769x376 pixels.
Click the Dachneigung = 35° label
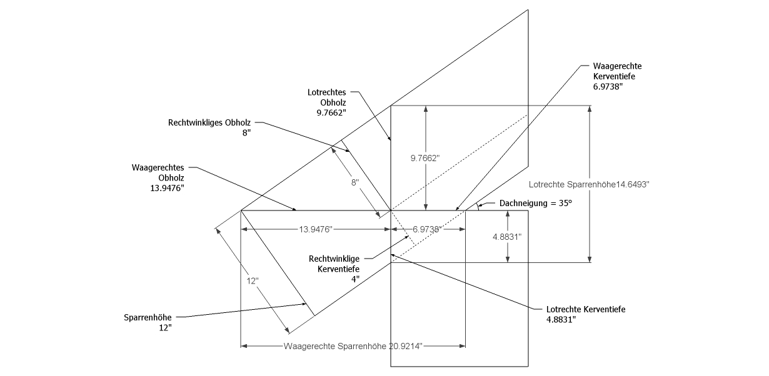tap(536, 204)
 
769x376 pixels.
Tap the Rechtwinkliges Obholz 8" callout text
tap(209, 128)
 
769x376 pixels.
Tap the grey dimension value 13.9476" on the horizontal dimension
tap(315, 230)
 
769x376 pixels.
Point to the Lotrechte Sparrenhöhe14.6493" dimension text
tap(590, 185)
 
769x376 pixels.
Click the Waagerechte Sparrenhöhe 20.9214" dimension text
tap(353, 345)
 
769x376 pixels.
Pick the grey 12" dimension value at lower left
tap(253, 282)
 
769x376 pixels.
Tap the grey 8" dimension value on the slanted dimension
tap(355, 183)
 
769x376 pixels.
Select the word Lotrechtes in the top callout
tap(326, 92)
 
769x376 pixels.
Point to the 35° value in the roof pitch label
tap(565, 204)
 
